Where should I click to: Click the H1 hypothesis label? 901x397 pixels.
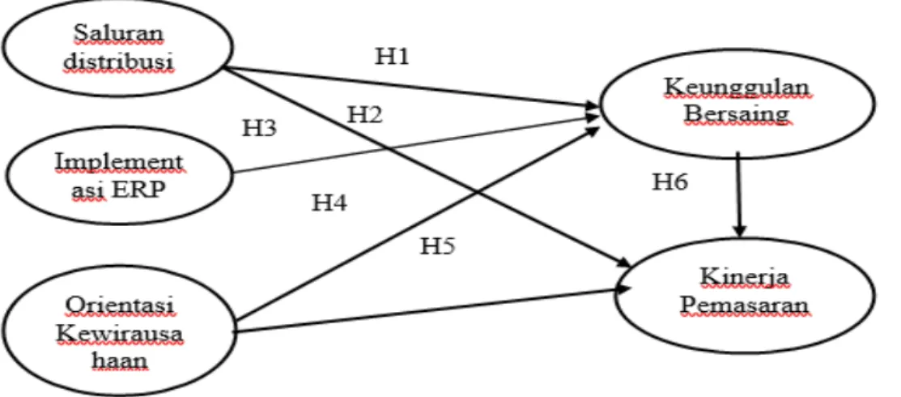(393, 57)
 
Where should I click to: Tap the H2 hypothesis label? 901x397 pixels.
(365, 116)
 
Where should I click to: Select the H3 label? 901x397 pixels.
(259, 128)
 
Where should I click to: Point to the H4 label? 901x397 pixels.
(329, 203)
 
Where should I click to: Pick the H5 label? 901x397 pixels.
(439, 245)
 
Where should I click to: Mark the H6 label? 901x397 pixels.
(670, 182)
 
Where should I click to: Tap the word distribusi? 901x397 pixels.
(119, 61)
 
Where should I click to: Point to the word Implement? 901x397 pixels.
(119, 163)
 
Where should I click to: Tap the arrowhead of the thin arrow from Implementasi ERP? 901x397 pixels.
(594, 116)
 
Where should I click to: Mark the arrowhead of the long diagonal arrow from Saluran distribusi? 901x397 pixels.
(627, 263)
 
